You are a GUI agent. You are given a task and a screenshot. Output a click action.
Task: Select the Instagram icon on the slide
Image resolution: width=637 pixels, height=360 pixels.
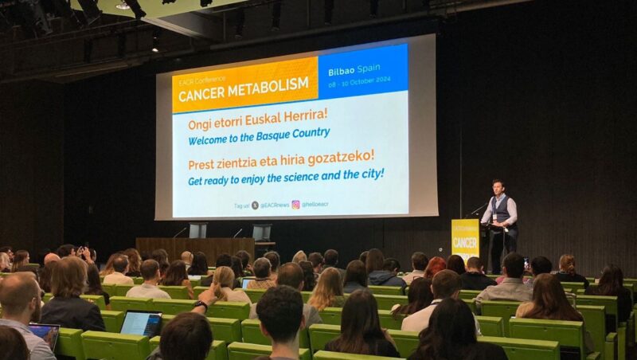(x=295, y=205)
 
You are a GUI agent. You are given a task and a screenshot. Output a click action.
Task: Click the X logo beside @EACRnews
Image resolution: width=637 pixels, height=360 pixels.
(x=255, y=205)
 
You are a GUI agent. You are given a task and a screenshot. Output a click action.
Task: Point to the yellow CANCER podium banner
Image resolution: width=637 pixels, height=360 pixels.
(x=465, y=237)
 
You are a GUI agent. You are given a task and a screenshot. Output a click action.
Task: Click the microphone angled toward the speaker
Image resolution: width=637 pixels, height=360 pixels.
(x=478, y=209)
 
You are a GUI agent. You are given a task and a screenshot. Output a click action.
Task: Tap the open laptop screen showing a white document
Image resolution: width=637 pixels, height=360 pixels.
(x=141, y=323)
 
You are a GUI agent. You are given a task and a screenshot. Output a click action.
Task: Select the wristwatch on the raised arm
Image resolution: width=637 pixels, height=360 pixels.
(x=199, y=303)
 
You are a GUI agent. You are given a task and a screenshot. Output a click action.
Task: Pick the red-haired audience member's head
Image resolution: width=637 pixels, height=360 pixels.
(x=435, y=266)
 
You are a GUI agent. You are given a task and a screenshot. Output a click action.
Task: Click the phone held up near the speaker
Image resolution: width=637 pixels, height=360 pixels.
(x=526, y=262)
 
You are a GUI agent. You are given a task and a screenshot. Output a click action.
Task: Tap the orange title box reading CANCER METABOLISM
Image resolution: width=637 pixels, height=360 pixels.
(x=244, y=84)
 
